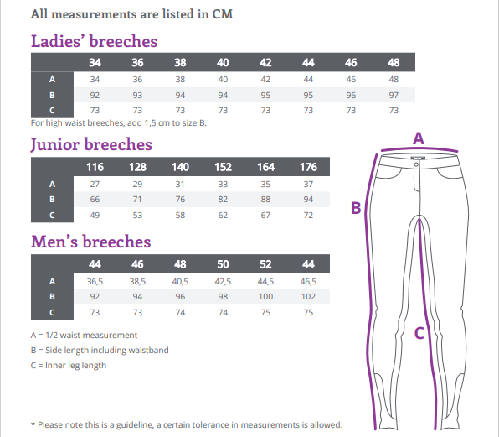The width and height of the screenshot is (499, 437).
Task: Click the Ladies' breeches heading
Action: click(95, 41)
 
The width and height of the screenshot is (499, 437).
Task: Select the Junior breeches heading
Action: click(91, 145)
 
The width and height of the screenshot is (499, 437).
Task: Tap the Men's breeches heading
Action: click(90, 242)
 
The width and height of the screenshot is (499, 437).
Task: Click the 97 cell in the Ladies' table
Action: click(394, 95)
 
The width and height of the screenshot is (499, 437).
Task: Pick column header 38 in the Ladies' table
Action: click(180, 62)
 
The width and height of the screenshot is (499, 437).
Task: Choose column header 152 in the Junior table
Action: click(223, 167)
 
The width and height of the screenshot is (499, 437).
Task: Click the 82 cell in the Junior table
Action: click(223, 200)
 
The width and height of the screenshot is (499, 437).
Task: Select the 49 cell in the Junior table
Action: click(95, 216)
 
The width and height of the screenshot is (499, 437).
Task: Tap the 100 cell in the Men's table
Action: click(265, 296)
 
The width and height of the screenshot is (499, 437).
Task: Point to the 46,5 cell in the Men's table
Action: click(308, 282)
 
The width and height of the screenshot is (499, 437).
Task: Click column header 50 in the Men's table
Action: click(223, 264)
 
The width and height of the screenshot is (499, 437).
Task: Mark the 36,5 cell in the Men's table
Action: click(95, 282)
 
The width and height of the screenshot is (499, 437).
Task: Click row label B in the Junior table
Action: click(52, 200)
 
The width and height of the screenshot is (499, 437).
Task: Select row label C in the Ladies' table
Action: click(52, 110)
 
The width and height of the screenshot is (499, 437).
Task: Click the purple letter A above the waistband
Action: click(419, 138)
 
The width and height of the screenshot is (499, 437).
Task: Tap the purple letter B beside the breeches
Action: click(356, 208)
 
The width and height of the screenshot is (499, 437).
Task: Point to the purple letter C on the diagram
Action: click(419, 333)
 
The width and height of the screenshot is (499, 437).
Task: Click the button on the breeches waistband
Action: click(417, 164)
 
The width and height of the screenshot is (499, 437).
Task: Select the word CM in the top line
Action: click(223, 14)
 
